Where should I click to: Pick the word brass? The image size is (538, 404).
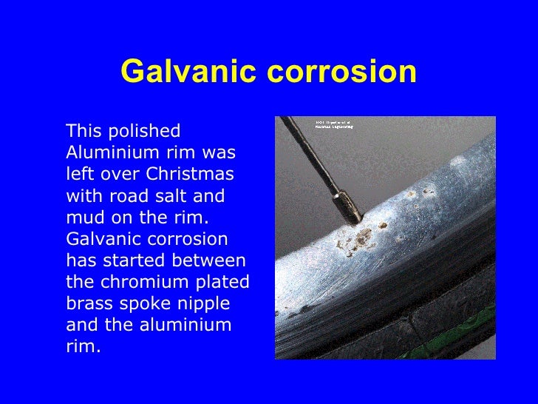[88, 304]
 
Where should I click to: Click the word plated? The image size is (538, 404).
[218, 283]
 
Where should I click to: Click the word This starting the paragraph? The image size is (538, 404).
[83, 132]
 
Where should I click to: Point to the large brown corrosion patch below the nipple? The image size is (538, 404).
[362, 238]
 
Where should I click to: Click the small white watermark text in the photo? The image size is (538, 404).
[333, 124]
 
